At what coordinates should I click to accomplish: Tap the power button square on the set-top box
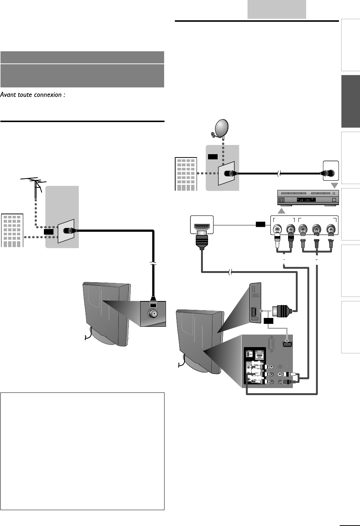(334, 200)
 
